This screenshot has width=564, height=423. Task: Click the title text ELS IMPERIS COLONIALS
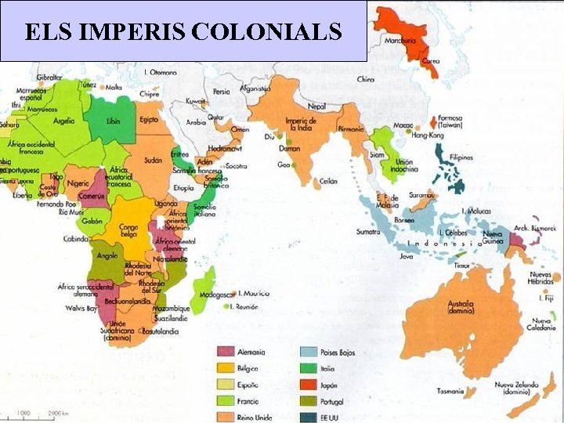pyautogui.click(x=183, y=31)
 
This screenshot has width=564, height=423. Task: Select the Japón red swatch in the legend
pyautogui.click(x=308, y=385)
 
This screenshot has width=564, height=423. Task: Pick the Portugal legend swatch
pyautogui.click(x=308, y=401)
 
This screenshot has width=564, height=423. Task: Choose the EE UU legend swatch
pyautogui.click(x=308, y=417)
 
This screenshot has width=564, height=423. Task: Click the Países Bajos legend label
pyautogui.click(x=338, y=352)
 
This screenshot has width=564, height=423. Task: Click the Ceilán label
pyautogui.click(x=328, y=180)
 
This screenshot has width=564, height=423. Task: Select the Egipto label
pyautogui.click(x=150, y=120)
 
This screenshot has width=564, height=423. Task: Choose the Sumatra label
pyautogui.click(x=368, y=232)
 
